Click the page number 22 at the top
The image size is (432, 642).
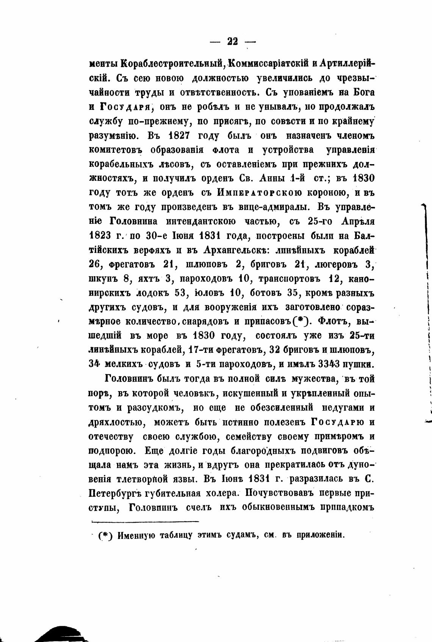tap(232, 41)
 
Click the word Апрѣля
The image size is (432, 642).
tap(354, 221)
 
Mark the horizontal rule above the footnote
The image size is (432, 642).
tap(146, 522)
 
